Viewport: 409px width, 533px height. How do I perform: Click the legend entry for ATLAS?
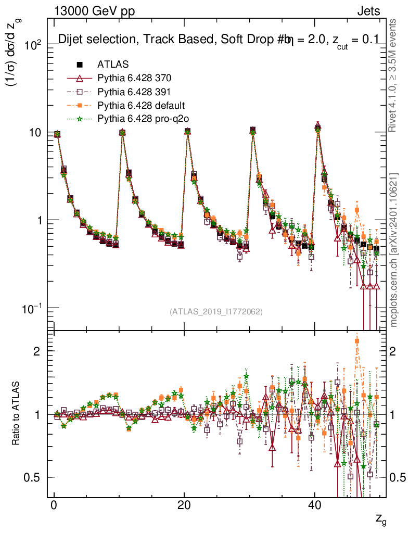click(113, 65)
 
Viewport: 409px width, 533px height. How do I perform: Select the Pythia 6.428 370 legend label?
click(134, 78)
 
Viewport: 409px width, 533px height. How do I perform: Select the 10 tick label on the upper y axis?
click(34, 132)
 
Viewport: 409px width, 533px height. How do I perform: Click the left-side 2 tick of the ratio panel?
click(37, 351)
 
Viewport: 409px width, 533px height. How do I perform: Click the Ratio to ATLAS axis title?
click(17, 414)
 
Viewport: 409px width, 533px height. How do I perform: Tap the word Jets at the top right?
click(369, 11)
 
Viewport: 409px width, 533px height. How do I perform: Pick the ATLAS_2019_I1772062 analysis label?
click(215, 312)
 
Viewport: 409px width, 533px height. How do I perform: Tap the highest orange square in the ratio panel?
click(357, 341)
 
